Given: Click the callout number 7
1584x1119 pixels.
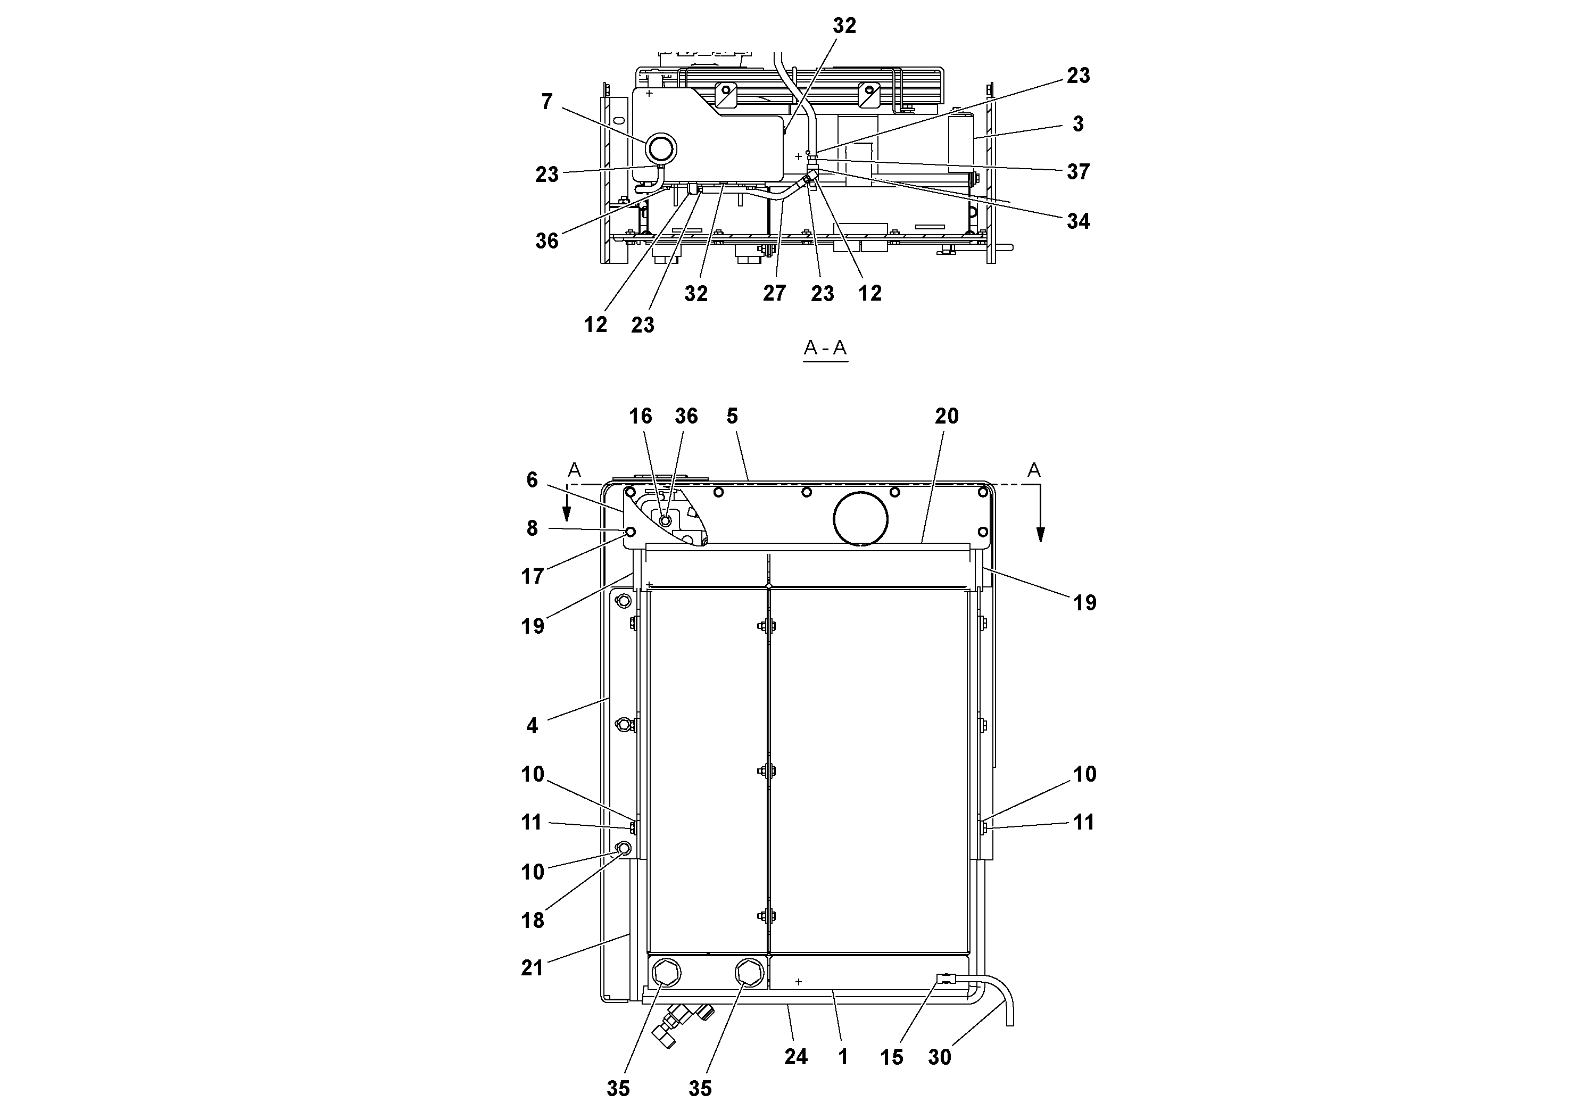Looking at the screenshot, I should [546, 102].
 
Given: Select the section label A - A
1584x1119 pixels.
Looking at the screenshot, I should [825, 349].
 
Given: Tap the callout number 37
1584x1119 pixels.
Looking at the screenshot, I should [1077, 172].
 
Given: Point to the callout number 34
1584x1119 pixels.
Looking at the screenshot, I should [1077, 221].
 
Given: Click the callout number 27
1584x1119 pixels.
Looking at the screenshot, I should [774, 294].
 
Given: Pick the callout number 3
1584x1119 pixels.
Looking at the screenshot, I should [1077, 124].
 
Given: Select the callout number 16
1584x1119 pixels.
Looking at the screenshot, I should [640, 416].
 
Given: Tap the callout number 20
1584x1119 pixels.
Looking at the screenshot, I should [947, 416].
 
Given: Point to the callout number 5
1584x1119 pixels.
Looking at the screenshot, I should [732, 416].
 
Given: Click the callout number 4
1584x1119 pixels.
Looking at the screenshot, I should [532, 726].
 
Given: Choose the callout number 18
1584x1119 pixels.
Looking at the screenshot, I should [532, 921].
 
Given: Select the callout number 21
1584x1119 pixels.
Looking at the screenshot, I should [532, 968].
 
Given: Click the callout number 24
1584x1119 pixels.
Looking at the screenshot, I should [795, 1057].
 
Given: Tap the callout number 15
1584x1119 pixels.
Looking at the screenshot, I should [891, 1057].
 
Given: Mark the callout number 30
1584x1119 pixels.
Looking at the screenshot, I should [940, 1057].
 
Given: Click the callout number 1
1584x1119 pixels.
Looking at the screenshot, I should [842, 1057].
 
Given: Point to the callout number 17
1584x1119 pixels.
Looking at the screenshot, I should [532, 576].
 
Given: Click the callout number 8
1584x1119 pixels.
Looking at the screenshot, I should [532, 528].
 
